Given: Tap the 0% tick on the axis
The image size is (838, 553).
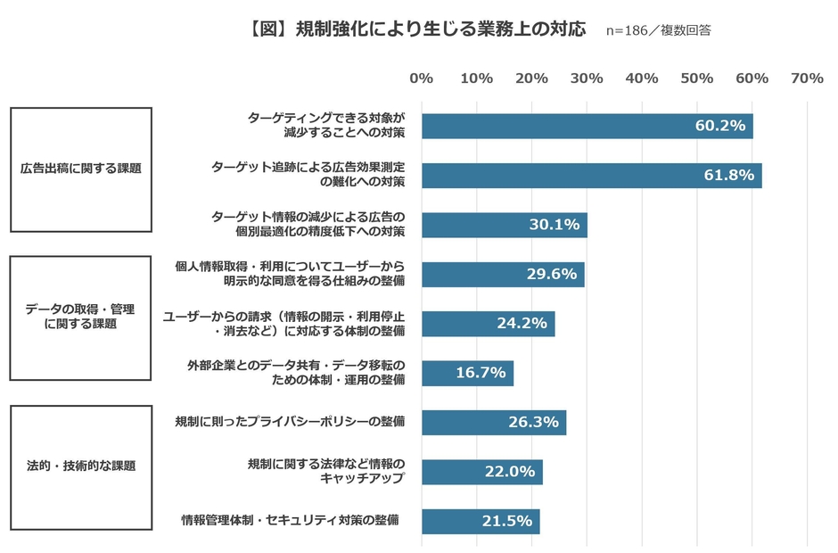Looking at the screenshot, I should pos(422,78).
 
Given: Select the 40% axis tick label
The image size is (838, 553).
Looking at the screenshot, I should pos(642,78).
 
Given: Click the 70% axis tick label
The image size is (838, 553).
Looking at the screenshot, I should pos(807,78).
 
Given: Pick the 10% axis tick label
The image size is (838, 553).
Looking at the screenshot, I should pos(477,78).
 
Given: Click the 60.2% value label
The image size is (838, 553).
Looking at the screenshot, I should pos(719,126).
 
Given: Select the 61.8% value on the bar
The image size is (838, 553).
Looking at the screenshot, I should pos(728,175).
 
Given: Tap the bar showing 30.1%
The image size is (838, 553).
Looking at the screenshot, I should pos(504,225).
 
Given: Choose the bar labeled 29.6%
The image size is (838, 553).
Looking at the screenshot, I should pos(502,274).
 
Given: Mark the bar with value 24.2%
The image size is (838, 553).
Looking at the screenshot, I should pos(488,323).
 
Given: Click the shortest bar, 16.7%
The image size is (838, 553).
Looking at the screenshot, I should pos(467,373).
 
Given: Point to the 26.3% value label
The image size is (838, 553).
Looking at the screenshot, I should pos(533,422).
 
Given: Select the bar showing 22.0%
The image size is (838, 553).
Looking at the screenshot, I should pos(481,471).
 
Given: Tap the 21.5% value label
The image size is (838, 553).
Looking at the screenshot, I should pos(506,521).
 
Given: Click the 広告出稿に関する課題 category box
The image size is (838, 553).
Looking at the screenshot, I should pos(81,169).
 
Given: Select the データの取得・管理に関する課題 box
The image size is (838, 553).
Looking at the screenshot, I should pos(81,318).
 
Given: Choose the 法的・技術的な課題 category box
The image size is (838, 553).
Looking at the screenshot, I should pos(81,466).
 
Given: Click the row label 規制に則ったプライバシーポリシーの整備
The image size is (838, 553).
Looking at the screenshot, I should pos(290,422).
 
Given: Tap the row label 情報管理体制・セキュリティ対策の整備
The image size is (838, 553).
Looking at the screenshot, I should pos(289,520).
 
